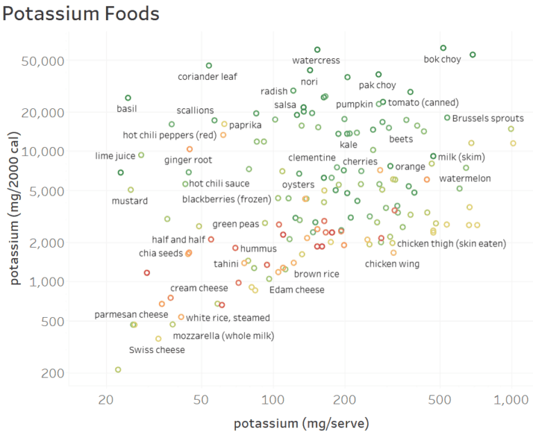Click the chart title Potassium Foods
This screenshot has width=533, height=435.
click(x=81, y=13)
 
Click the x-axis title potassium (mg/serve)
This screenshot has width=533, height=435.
click(x=301, y=423)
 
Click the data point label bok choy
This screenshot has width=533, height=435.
click(x=442, y=60)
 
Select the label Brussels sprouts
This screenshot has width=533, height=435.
click(x=488, y=119)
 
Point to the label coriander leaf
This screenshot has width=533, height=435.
click(x=208, y=77)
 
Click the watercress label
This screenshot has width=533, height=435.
click(x=316, y=60)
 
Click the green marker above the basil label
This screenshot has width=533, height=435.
click(x=128, y=98)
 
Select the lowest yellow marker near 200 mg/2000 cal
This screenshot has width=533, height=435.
click(x=118, y=370)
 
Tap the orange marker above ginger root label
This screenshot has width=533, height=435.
click(x=189, y=149)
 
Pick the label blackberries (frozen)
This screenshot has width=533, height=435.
click(x=228, y=200)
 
